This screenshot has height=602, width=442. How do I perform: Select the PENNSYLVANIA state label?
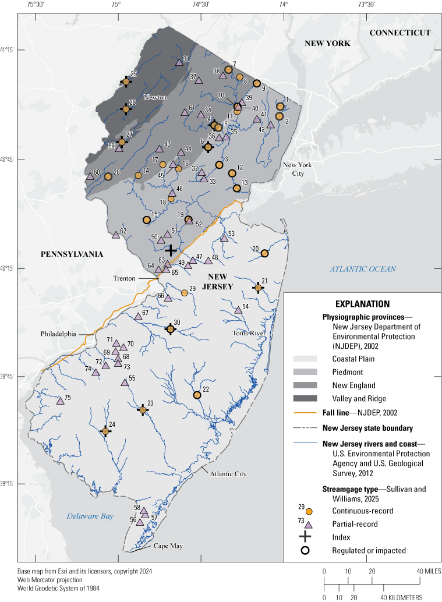pyautogui.click(x=72, y=254)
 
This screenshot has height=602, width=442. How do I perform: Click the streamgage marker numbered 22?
pyautogui.click(x=197, y=395)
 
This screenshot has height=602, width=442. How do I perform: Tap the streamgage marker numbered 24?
pyautogui.click(x=105, y=431)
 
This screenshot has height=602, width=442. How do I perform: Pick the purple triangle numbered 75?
pyautogui.click(x=59, y=401)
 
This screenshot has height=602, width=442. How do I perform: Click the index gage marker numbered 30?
pyautogui.click(x=171, y=329)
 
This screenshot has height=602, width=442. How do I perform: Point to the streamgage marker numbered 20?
pyautogui.click(x=264, y=253)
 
